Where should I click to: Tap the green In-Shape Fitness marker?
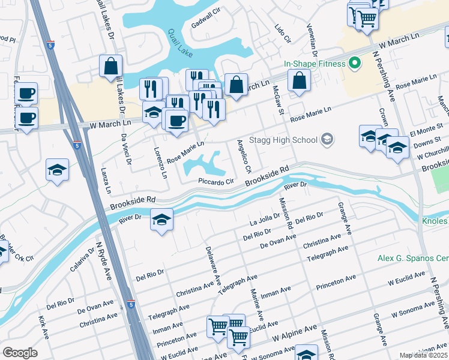[355, 63]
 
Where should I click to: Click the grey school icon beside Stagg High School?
[327, 140]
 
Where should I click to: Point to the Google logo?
[20, 353]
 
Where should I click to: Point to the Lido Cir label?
[282, 34]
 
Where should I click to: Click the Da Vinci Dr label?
[124, 146]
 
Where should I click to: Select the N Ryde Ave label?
[104, 263]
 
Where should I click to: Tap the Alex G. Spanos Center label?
[413, 259]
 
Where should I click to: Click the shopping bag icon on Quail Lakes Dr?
[111, 68]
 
